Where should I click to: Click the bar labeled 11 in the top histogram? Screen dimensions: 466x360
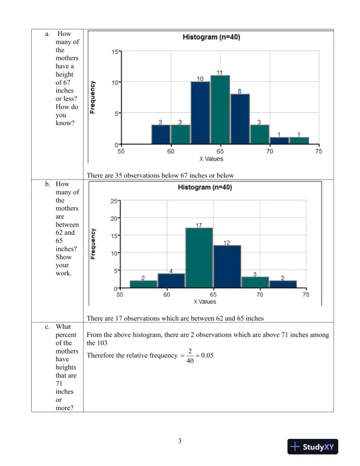[x=219, y=109]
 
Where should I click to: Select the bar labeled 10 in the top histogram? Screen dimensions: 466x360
[x=200, y=113]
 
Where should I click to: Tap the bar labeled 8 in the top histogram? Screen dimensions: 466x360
[x=239, y=119]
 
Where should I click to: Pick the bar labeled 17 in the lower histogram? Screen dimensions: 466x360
[x=199, y=258]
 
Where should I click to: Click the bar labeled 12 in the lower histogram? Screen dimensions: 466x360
[x=226, y=267]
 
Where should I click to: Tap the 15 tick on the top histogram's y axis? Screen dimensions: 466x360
[x=114, y=52]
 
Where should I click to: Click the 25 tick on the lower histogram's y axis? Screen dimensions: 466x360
[x=114, y=201]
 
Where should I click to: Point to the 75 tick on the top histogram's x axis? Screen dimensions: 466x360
[x=318, y=151]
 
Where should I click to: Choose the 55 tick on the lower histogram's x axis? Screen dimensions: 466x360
[x=121, y=295]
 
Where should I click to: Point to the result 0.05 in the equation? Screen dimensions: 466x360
[x=209, y=355]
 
